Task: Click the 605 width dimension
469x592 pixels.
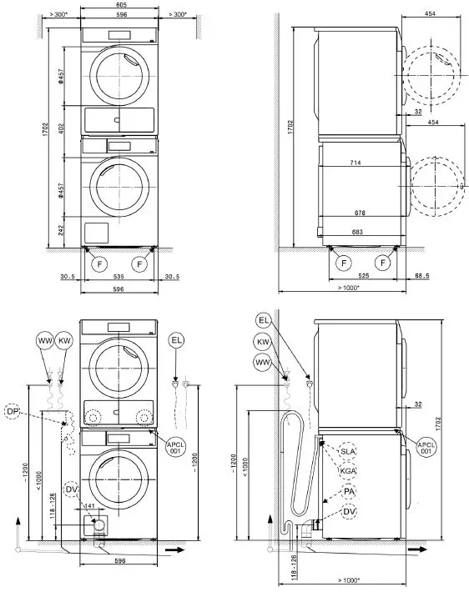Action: tap(120, 5)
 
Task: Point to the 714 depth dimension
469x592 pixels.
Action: tap(356, 163)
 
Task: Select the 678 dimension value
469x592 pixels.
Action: tap(360, 213)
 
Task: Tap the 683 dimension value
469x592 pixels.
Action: tap(357, 232)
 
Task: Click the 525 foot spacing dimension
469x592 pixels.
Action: tap(363, 276)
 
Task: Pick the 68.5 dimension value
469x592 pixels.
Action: tap(422, 276)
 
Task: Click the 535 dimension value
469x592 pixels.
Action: tap(119, 277)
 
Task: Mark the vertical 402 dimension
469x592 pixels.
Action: tap(61, 128)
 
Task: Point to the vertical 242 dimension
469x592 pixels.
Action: tap(61, 230)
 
